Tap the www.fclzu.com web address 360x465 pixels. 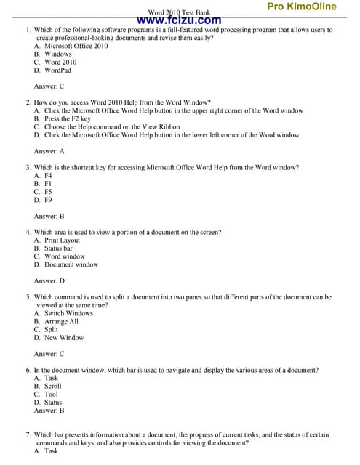[179, 20]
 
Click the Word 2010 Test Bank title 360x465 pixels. [179, 12]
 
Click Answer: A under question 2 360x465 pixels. [49, 151]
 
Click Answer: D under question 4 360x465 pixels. [49, 280]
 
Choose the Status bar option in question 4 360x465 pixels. [58, 248]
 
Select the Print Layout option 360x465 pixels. [62, 240]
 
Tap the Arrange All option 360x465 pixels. [61, 321]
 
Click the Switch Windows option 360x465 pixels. [68, 313]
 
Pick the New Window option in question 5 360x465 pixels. [64, 338]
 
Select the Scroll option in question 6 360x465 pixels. [52, 386]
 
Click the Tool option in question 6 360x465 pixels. [51, 394]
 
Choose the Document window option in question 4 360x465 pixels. [71, 264]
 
